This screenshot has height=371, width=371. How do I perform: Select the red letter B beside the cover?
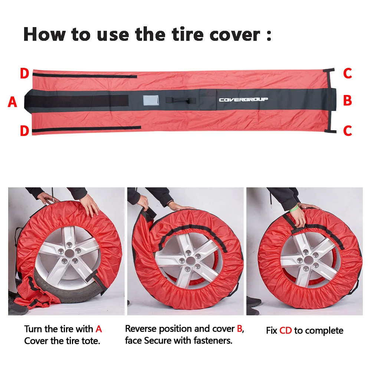[x=347, y=101]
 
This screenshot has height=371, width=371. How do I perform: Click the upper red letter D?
[x=24, y=74]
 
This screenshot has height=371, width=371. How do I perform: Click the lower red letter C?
[x=347, y=131]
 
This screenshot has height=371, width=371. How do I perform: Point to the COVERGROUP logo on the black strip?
[x=243, y=99]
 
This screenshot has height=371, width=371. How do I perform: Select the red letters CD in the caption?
[x=286, y=331]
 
